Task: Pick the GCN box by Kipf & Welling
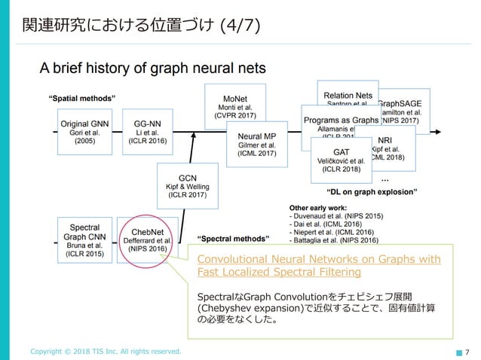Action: point(182,185)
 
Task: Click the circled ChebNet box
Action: point(144,239)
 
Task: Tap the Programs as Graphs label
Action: point(341,121)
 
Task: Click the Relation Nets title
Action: point(348,96)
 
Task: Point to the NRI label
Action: point(384,140)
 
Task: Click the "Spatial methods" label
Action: point(81,98)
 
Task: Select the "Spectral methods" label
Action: point(233,239)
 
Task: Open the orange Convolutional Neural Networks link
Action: point(318,266)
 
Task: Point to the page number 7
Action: point(468,351)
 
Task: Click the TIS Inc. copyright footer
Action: point(106,351)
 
